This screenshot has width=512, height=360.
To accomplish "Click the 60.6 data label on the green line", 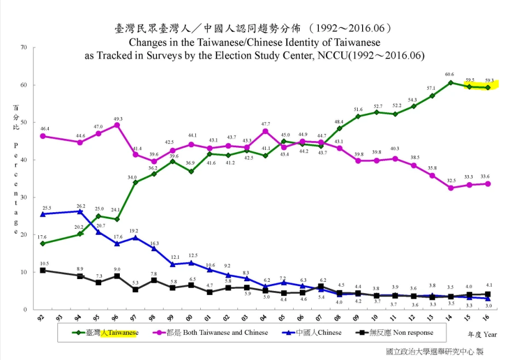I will [449, 74].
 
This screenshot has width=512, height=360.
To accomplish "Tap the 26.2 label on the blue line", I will [80, 206].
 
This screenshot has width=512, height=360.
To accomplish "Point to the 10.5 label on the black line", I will [44, 264].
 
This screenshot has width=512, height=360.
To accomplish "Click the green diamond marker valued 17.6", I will [43, 243].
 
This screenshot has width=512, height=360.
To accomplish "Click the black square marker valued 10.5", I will [43, 270].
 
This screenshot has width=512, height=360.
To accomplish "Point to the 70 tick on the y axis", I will [24, 48].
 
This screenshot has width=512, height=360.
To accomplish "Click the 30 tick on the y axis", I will [24, 198].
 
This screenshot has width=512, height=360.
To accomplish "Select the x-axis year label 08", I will [339, 317].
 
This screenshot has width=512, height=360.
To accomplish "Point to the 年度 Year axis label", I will [482, 334].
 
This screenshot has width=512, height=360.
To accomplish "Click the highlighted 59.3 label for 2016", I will [488, 81].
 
